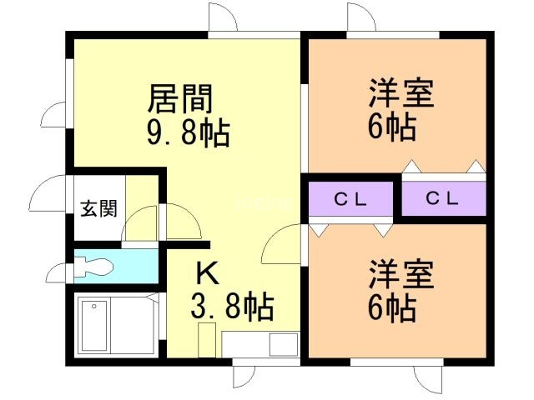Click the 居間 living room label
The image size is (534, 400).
click(180, 98)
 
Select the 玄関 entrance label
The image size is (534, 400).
click(98, 208)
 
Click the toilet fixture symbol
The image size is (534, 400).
click(93, 267)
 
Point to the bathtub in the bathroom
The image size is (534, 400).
click(94, 326)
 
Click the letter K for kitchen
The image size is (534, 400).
click(208, 273)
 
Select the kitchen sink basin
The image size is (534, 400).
click(284, 344)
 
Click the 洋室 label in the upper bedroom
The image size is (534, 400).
click(402, 93)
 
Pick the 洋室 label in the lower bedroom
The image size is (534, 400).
click(402, 274)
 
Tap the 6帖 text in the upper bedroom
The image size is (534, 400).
click(392, 127)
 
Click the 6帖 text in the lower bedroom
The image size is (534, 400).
click(392, 307)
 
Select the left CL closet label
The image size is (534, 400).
click(350, 199)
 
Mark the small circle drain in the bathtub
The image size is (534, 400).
click(94, 307)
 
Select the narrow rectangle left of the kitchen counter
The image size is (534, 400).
click(207, 340)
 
